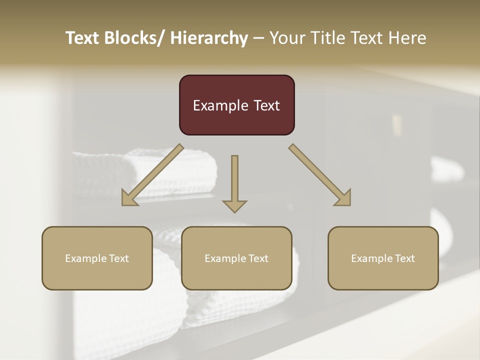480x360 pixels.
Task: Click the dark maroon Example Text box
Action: pos(236,105)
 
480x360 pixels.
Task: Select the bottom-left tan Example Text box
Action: pos(97,258)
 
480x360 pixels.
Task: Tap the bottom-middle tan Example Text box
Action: pos(236,258)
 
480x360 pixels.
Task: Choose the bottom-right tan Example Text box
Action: pos(383,258)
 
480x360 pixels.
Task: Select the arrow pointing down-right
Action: pos(320,175)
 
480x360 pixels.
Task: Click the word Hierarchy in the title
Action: pos(208,38)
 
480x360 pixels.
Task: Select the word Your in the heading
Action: pos(286,38)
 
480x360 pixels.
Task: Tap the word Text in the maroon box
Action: pos(265,105)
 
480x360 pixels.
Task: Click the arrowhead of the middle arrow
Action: pos(234,205)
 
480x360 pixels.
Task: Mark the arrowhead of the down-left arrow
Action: pos(128,198)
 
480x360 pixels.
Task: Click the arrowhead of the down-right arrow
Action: pos(343,198)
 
